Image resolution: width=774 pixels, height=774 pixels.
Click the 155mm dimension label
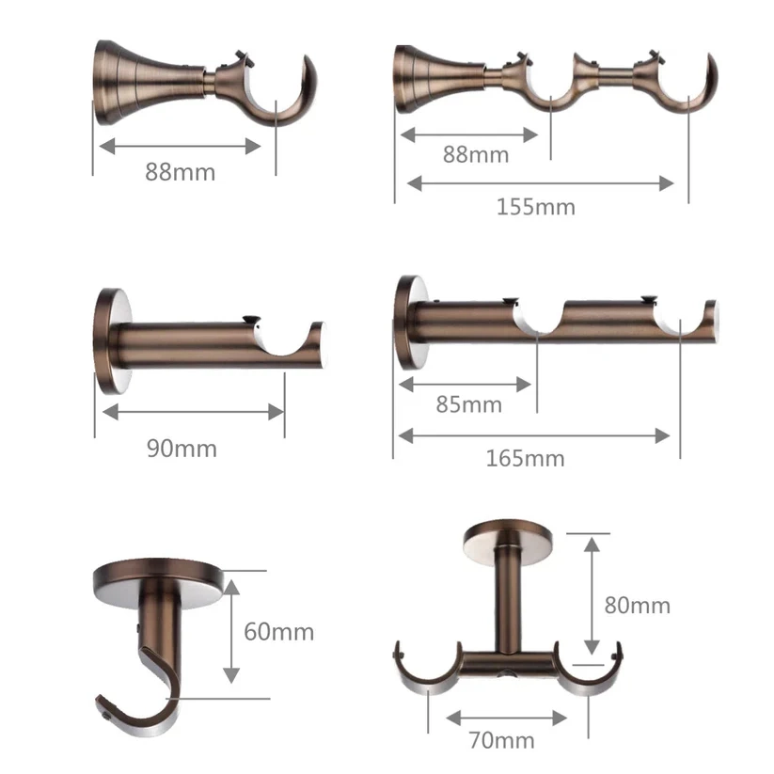(535, 206)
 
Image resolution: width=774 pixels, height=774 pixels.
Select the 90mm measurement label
(182, 449)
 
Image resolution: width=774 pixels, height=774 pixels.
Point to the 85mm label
(468, 405)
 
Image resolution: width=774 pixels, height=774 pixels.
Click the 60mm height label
(279, 631)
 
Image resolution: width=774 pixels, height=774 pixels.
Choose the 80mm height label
(638, 605)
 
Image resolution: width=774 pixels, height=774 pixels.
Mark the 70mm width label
(502, 741)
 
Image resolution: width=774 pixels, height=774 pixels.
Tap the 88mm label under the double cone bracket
(476, 154)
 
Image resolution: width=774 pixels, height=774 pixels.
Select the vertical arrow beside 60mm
(231, 630)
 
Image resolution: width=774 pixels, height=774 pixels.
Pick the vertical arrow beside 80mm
(592, 594)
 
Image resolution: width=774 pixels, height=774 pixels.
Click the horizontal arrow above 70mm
(507, 719)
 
